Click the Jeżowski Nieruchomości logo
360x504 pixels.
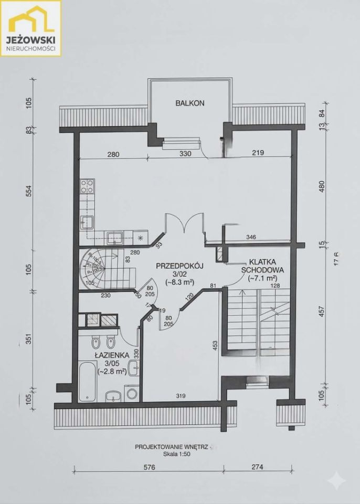click(31, 28)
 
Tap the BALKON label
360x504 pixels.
click(189, 103)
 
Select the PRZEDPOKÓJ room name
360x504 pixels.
click(179, 266)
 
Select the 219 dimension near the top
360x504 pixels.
click(256, 153)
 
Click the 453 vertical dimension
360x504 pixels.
click(216, 344)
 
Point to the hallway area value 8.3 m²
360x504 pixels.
click(180, 282)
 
